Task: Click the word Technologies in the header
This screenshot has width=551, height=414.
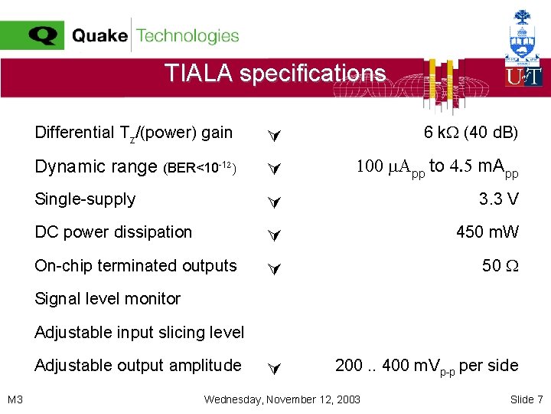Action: (x=187, y=35)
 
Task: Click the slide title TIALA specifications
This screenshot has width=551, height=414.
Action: (x=275, y=73)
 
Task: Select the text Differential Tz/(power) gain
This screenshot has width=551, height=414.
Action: (x=133, y=133)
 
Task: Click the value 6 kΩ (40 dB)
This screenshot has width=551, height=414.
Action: (x=471, y=133)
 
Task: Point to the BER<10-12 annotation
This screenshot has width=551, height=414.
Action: (x=201, y=167)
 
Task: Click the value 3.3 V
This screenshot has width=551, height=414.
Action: (x=498, y=199)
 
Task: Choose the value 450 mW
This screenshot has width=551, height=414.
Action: (x=487, y=232)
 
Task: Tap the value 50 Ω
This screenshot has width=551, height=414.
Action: (x=500, y=265)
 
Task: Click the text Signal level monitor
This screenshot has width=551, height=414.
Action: (x=107, y=299)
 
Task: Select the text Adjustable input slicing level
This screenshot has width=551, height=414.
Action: (x=139, y=332)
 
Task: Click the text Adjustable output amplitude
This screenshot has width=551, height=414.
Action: (x=138, y=366)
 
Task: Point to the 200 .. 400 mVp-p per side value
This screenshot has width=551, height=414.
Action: (x=426, y=366)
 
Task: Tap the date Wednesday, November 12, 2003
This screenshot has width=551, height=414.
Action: (x=282, y=399)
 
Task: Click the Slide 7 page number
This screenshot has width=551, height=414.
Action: (x=526, y=399)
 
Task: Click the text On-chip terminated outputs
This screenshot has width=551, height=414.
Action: (x=135, y=266)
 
